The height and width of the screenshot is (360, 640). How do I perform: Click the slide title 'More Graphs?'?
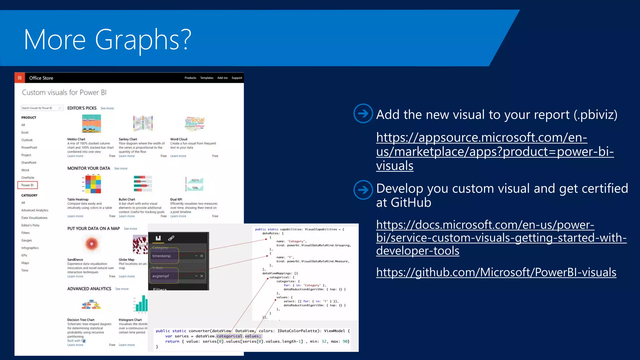107,40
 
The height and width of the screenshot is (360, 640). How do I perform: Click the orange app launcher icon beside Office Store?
20,78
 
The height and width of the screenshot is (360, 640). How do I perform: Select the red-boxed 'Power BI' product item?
27,185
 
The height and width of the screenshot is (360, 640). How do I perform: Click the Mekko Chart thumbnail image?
91,124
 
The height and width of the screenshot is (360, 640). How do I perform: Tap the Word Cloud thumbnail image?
194,124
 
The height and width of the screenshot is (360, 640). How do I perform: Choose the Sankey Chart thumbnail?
143,124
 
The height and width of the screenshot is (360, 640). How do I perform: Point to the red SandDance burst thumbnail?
91,243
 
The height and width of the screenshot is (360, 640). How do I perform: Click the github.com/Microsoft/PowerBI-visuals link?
496,272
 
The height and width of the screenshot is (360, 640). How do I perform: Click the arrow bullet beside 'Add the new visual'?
363,113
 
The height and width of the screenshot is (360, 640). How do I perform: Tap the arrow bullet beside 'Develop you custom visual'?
363,190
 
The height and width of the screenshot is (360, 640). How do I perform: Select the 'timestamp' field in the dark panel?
162,256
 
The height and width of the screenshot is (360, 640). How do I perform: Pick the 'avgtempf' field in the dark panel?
161,276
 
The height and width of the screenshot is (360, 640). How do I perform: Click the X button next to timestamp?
202,256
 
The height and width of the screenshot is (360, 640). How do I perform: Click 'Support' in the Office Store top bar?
237,78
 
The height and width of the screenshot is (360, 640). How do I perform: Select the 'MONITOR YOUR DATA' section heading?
89,168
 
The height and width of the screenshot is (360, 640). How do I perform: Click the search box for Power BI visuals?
42,108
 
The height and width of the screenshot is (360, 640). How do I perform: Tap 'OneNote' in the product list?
28,177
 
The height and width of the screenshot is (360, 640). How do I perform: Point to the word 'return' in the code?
172,342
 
